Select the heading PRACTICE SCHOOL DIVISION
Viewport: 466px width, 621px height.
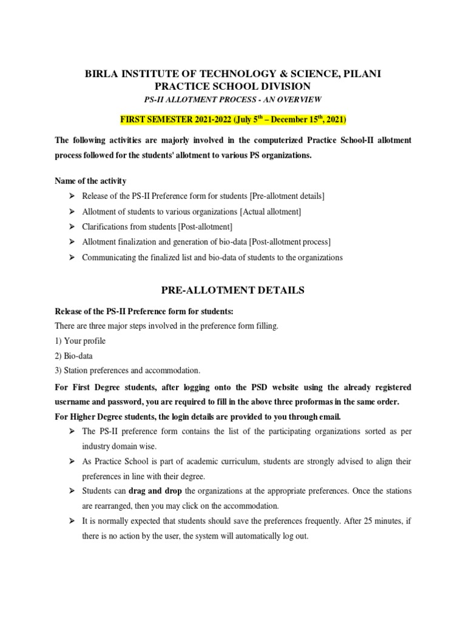(233, 86)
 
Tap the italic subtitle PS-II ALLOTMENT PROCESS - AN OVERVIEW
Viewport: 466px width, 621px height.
(233, 99)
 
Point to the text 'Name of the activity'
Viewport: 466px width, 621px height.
(91, 181)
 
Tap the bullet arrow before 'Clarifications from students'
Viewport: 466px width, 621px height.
(71, 227)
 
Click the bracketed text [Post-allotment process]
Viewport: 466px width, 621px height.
(283, 242)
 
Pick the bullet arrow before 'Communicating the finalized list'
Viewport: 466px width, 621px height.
(71, 258)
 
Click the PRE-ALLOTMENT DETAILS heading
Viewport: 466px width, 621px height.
(233, 290)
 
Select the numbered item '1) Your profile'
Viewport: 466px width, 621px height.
(80, 341)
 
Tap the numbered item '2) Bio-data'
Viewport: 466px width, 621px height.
(74, 355)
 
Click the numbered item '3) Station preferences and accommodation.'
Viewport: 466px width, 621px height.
(127, 370)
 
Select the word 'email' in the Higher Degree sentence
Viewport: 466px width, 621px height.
(328, 416)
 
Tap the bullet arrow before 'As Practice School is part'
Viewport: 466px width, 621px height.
(71, 461)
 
